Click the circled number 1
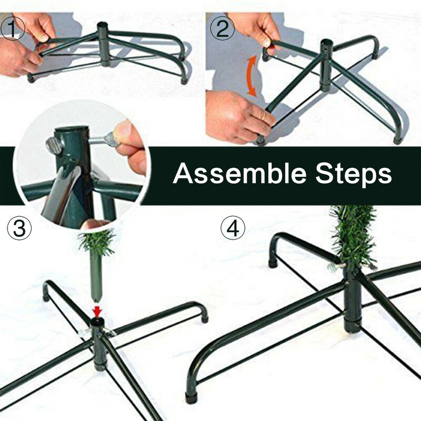coord(12,28)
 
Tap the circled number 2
coord(222,28)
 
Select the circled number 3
coord(19,228)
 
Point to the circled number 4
coord(233,228)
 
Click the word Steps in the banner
coord(354,175)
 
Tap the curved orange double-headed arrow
coord(252,76)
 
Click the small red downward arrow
coord(97,312)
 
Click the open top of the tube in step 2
coord(327,43)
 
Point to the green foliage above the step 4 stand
coord(352,236)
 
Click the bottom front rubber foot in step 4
coord(191,398)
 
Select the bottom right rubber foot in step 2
coord(398,139)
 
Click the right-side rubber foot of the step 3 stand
coord(205,318)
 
